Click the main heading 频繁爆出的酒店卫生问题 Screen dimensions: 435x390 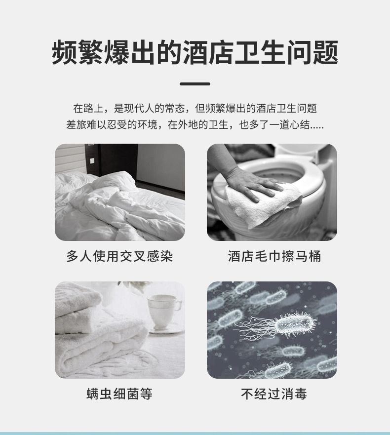point(195,53)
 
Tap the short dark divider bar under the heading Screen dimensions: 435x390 point(195,84)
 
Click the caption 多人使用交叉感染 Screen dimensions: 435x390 point(119,257)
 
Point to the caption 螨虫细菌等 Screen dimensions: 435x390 point(119,394)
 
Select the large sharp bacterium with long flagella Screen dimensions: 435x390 point(291,325)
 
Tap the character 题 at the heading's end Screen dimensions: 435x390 point(325,53)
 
